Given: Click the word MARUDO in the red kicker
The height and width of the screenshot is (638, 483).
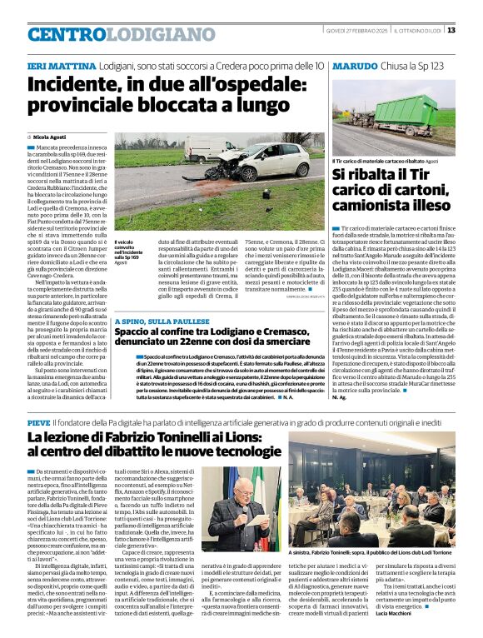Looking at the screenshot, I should click(x=351, y=65).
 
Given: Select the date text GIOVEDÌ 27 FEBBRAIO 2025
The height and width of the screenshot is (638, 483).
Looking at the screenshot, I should click(x=353, y=30).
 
